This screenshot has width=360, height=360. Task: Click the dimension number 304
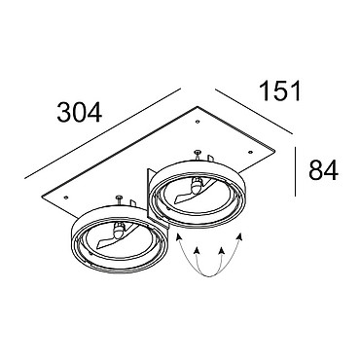click(x=80, y=113)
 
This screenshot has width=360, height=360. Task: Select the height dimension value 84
click(x=323, y=170)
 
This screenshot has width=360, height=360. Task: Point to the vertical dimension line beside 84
click(x=295, y=171)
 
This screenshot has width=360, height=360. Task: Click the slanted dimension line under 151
click(x=254, y=111)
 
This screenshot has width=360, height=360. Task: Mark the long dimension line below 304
click(x=102, y=133)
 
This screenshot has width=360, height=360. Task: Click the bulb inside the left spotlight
click(x=118, y=230)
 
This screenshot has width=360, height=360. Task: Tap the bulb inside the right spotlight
click(x=196, y=186)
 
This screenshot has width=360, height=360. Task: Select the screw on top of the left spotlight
click(x=119, y=199)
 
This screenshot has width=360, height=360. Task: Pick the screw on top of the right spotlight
click(x=197, y=154)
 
